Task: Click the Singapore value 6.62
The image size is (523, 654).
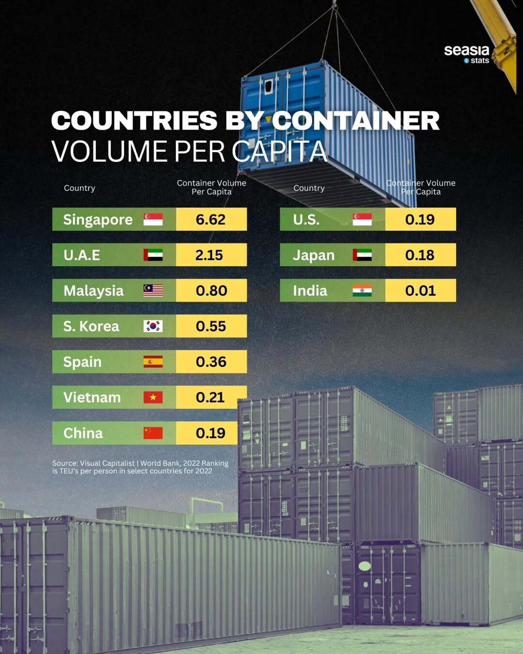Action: tap(211, 219)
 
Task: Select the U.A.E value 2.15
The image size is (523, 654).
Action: tap(209, 255)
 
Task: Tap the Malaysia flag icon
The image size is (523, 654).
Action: tap(153, 290)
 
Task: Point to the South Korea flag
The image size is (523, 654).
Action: tap(153, 326)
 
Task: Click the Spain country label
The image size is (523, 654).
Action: tap(82, 362)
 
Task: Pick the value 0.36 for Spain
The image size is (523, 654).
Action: tap(211, 362)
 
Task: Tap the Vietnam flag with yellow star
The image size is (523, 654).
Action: tap(153, 397)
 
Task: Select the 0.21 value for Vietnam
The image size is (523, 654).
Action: tap(210, 397)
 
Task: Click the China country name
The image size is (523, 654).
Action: tap(83, 433)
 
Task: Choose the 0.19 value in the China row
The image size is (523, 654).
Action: tap(211, 433)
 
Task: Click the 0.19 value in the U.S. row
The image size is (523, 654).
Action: tap(420, 219)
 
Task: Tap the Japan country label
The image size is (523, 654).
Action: tap(313, 255)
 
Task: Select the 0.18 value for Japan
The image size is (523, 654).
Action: tap(420, 255)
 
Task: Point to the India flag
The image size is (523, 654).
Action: tap(362, 290)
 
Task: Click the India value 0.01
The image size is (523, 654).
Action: tap(420, 290)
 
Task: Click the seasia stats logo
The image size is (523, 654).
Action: tap(467, 54)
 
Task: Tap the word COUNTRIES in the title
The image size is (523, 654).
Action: tap(134, 121)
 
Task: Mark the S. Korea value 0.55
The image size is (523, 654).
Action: tap(211, 326)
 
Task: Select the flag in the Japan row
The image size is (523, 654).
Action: tap(362, 255)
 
